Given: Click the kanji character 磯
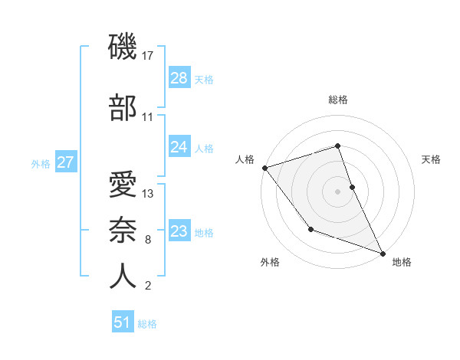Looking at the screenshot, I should [x=123, y=47].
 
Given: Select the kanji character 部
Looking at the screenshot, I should [x=123, y=108].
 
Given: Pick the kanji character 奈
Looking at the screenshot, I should [x=123, y=231].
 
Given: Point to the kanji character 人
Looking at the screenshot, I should [x=123, y=277].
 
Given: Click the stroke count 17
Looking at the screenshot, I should [x=149, y=56].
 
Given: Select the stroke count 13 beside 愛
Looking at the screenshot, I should [x=149, y=194].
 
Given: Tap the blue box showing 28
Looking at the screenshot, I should [x=179, y=78].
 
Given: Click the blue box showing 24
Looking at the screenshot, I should [x=179, y=147].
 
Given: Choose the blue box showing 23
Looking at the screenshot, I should [x=179, y=231].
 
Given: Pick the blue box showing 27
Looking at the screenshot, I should [x=66, y=162].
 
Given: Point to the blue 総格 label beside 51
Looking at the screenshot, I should [x=147, y=324].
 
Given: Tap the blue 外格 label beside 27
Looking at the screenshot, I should [x=41, y=163].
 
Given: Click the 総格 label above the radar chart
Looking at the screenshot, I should [x=338, y=100].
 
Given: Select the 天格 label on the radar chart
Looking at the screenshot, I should [x=432, y=159].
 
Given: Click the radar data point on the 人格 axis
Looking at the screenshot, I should [x=264, y=168].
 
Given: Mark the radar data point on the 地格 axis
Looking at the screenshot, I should [x=383, y=253].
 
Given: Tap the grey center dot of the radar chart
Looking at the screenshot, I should [x=338, y=191].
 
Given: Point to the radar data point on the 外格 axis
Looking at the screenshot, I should [x=310, y=229].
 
